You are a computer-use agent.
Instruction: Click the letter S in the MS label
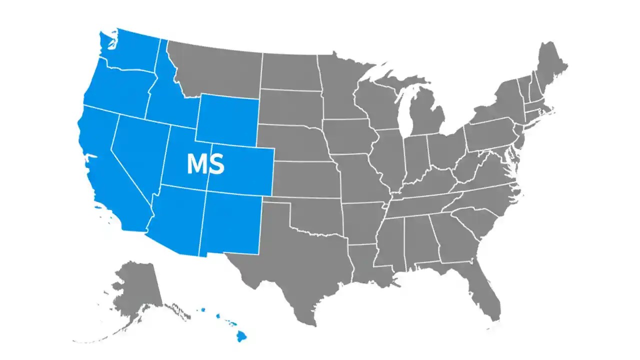click(x=216, y=164)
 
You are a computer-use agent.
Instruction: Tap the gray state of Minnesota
click(x=340, y=85)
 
